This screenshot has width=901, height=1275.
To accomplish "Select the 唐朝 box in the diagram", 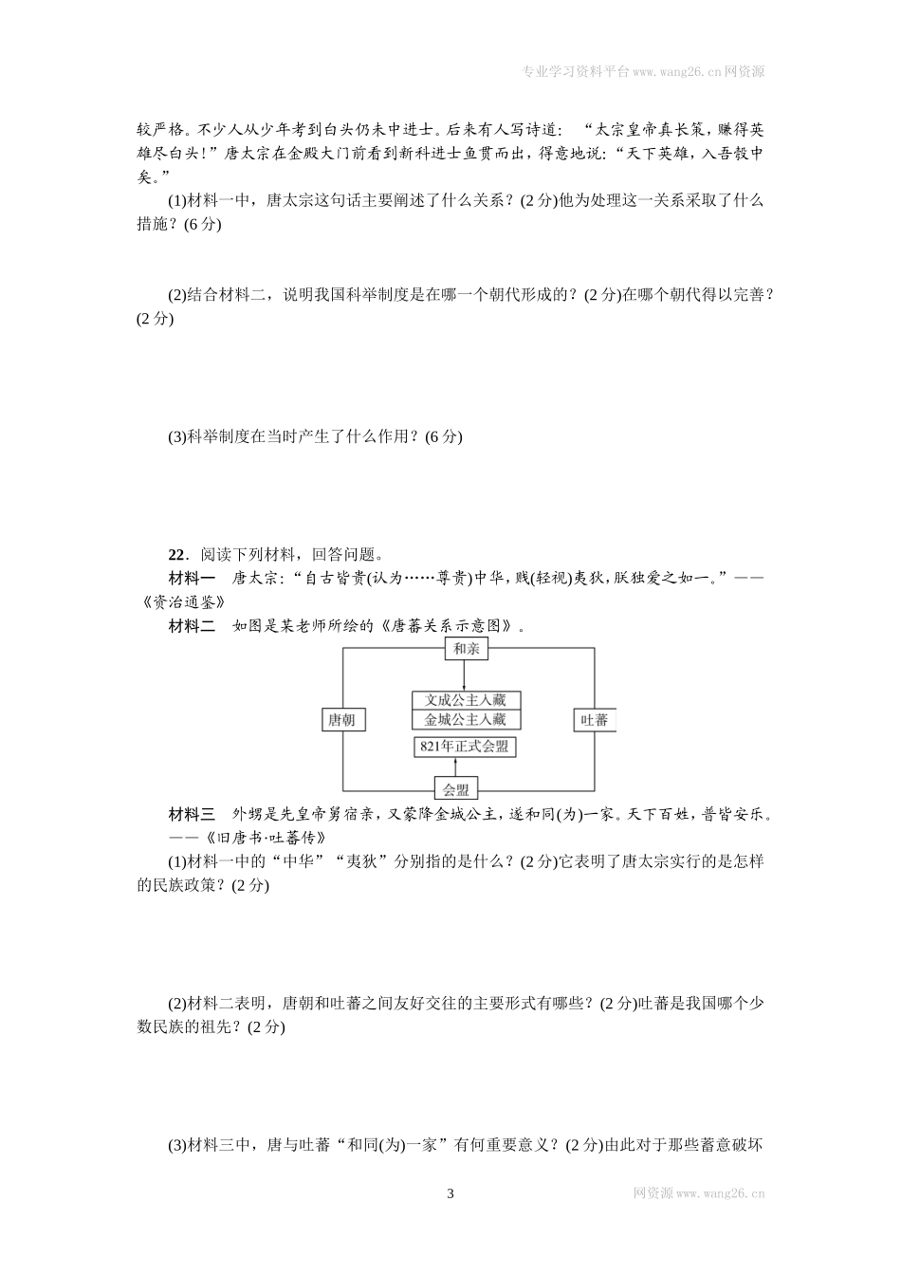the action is (x=342, y=720).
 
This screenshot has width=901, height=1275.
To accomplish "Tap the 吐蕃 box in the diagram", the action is (x=594, y=720).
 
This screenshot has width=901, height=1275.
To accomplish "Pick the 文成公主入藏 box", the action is (x=467, y=700).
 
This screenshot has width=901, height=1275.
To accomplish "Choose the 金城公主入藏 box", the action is (x=467, y=720).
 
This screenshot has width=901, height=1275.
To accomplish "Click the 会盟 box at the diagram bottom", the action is (x=456, y=788).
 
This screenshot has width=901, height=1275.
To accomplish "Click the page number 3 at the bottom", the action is (x=450, y=1193).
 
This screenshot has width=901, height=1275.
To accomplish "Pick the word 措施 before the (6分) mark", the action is (x=156, y=224).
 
